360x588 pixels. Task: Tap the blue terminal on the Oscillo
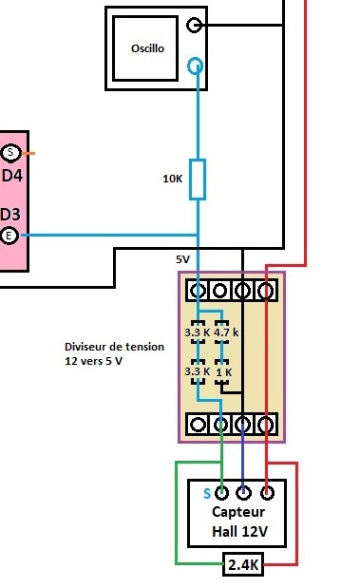196,66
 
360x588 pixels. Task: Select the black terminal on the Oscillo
195,26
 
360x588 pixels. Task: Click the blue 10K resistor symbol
198,179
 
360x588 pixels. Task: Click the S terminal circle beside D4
10,153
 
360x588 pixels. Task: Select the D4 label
12,175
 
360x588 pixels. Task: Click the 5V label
182,259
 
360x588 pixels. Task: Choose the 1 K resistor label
223,372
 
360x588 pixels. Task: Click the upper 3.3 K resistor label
196,332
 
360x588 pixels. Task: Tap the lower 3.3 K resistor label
196,372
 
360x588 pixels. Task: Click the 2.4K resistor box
242,566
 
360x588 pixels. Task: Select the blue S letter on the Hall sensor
206,493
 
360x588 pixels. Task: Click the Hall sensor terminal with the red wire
267,492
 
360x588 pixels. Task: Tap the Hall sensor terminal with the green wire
222,492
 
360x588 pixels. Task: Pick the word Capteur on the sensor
238,512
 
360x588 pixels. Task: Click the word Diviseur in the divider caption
87,348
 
